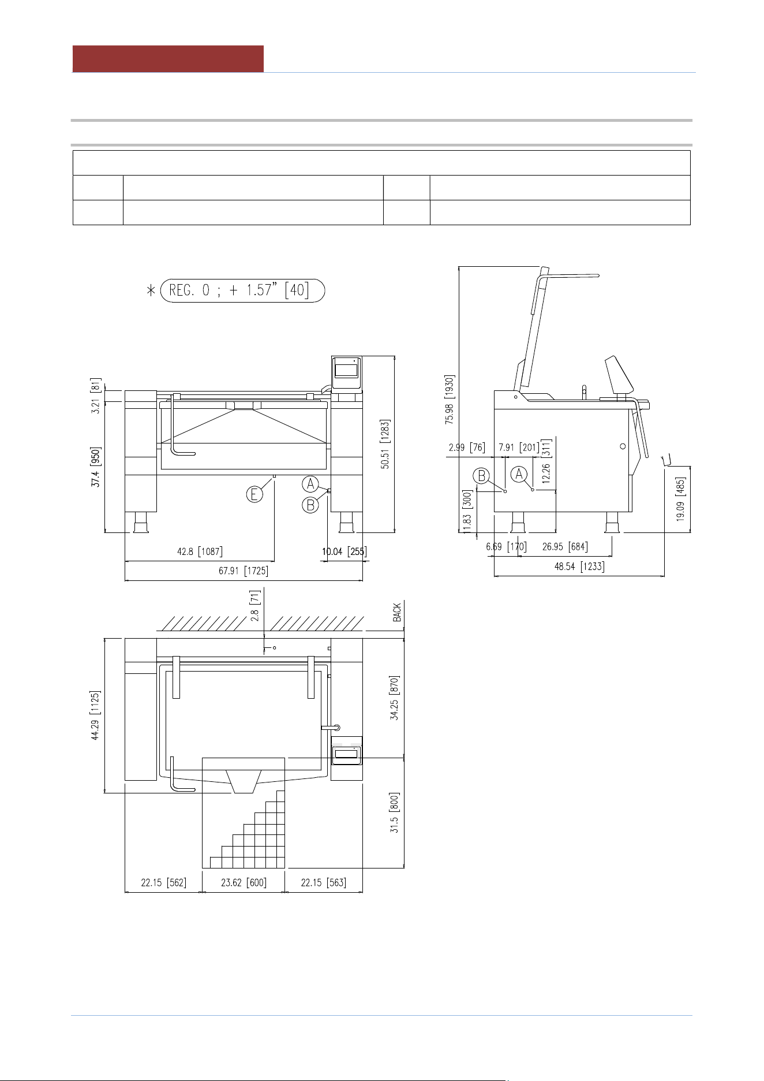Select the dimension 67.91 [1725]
[243, 571]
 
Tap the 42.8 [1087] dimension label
[200, 551]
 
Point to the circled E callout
[254, 494]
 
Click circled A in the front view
[310, 484]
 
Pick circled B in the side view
[481, 476]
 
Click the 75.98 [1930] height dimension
[450, 400]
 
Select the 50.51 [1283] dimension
[385, 444]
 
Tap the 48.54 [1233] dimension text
[579, 566]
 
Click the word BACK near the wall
[397, 613]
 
